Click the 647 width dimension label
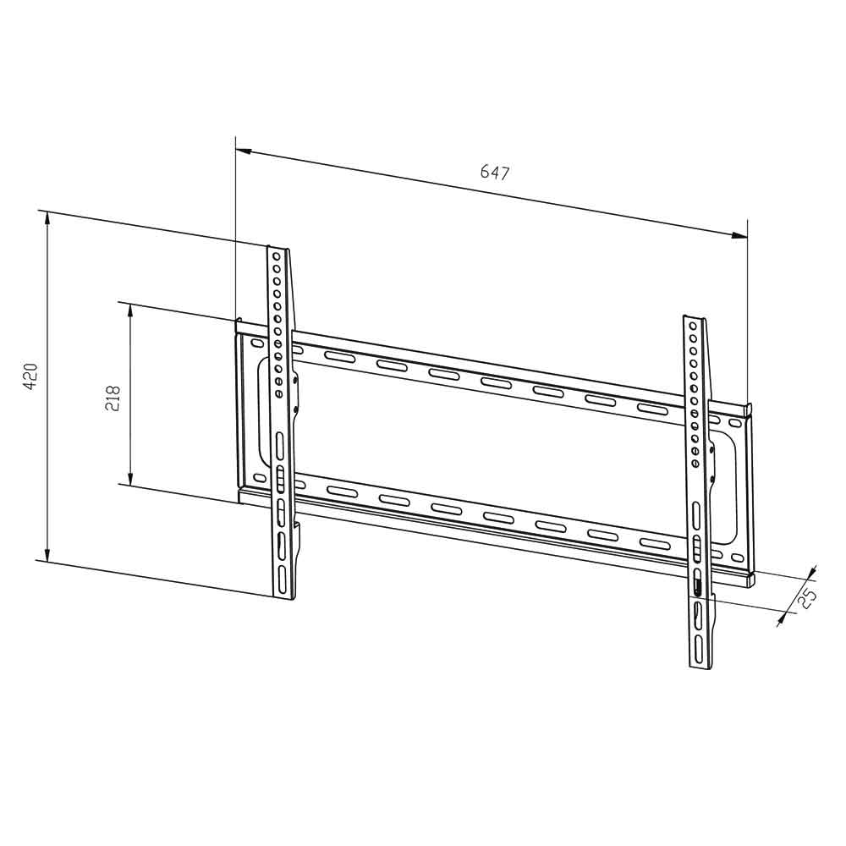(x=495, y=173)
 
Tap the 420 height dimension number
(x=30, y=376)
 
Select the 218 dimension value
(x=113, y=398)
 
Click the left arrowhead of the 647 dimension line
(x=244, y=151)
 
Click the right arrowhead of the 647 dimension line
(x=739, y=235)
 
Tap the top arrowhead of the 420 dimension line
(x=47, y=218)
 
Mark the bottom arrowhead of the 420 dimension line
(x=47, y=553)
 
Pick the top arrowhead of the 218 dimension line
(x=130, y=310)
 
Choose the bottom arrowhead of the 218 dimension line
(x=130, y=477)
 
